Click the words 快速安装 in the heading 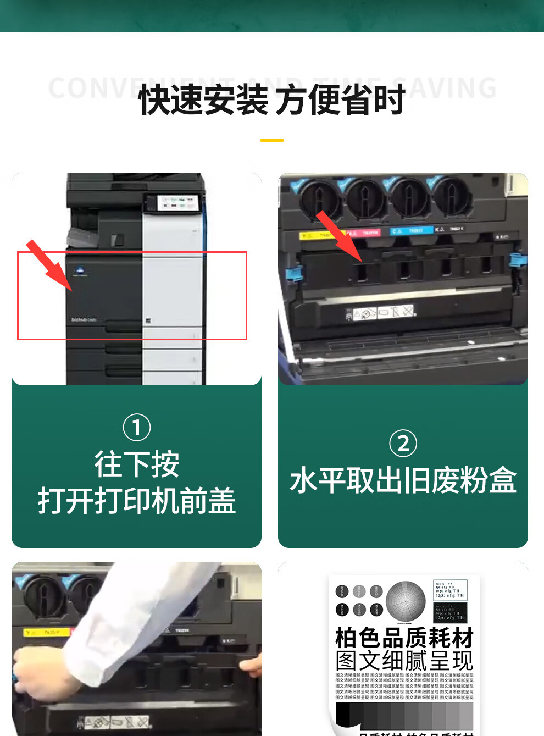[x=203, y=100]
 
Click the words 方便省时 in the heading [x=340, y=100]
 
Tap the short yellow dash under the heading [x=272, y=141]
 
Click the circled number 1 [x=137, y=427]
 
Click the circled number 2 [x=403, y=443]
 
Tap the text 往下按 [x=137, y=464]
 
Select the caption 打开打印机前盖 [x=137, y=501]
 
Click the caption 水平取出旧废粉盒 [x=403, y=480]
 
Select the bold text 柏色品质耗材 [x=404, y=638]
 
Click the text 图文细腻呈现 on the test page [x=404, y=661]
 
